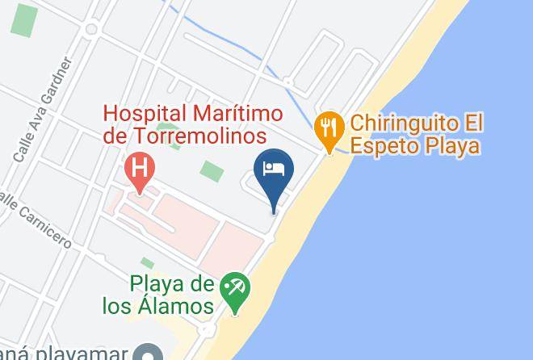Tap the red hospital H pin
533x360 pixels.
141,170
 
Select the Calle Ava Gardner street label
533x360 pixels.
41,110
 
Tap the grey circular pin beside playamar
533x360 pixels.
148,354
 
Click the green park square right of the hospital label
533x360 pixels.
212,171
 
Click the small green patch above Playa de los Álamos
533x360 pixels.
147,263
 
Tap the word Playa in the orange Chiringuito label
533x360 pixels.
453,146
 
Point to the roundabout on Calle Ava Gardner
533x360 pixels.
90,30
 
